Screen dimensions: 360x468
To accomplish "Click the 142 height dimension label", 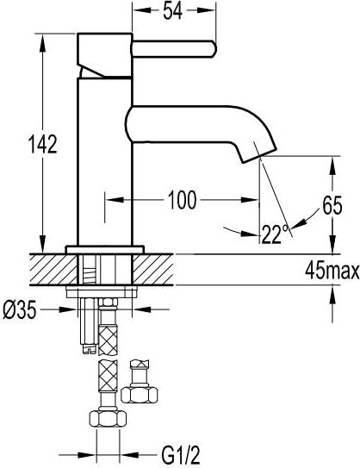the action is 42,144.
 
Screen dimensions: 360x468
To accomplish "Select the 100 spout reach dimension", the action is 183,200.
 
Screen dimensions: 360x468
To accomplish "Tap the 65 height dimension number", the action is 332,205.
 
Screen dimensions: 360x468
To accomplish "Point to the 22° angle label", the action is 275,234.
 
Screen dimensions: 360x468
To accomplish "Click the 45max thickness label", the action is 332,271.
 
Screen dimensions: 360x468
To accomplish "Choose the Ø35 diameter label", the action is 20,309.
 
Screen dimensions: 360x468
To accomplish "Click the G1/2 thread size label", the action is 181,455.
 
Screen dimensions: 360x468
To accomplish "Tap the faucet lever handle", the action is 174,49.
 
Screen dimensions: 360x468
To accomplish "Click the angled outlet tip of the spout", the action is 259,156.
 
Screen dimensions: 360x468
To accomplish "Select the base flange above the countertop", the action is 105,250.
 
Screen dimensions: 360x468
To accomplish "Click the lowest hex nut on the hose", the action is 108,419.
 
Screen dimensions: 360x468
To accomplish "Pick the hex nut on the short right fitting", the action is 140,395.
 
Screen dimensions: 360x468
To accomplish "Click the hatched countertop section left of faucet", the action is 53,270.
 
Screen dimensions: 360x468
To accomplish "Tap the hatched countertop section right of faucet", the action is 152,270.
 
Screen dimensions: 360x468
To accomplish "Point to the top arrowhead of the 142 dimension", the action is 43,41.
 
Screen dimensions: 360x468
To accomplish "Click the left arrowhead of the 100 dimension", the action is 115,200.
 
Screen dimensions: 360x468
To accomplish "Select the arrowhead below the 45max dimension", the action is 332,296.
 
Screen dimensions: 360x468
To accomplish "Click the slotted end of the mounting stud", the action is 90,349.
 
